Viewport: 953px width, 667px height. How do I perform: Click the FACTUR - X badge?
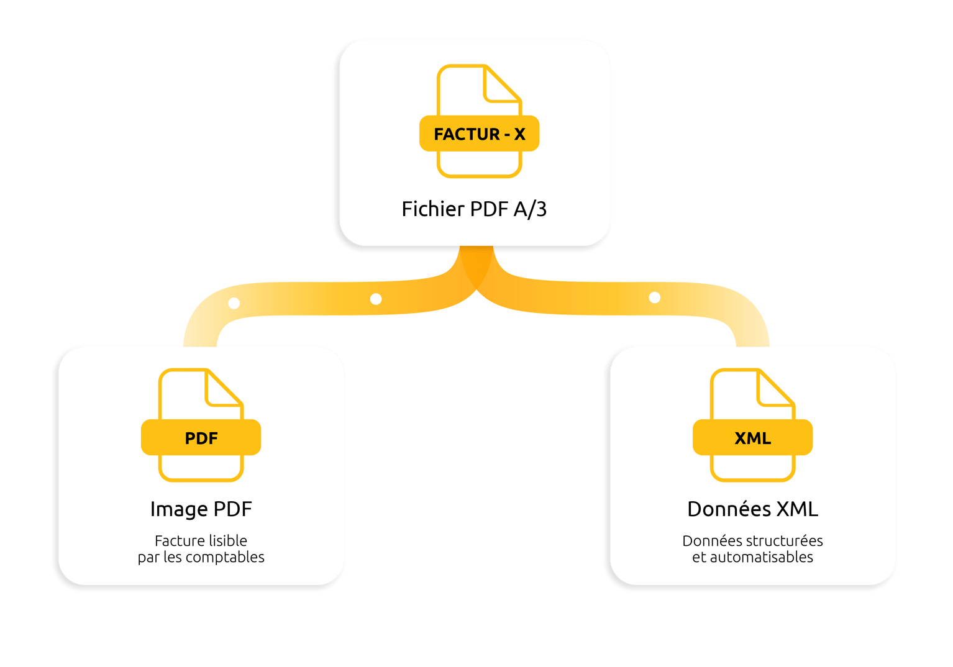click(x=479, y=134)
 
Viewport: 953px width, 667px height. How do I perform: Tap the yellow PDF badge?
click(x=201, y=438)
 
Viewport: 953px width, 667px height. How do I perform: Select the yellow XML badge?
click(x=752, y=438)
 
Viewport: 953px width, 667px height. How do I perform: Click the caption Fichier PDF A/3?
click(x=474, y=209)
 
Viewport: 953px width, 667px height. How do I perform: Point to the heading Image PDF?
click(x=201, y=509)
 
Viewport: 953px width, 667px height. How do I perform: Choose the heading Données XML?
click(x=752, y=509)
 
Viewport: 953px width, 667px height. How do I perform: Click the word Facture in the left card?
click(x=176, y=540)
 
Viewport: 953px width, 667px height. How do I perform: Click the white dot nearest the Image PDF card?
click(x=234, y=303)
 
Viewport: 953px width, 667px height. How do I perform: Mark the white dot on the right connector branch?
click(x=654, y=297)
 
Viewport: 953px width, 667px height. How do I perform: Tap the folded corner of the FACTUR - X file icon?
click(x=500, y=86)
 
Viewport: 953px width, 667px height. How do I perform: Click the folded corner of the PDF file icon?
click(x=222, y=390)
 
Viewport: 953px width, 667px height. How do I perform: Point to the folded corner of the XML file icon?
click(x=773, y=390)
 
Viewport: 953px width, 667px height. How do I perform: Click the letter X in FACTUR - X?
click(x=519, y=134)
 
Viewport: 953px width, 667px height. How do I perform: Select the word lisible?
click(x=229, y=540)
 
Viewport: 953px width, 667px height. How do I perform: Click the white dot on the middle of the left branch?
click(x=376, y=299)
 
